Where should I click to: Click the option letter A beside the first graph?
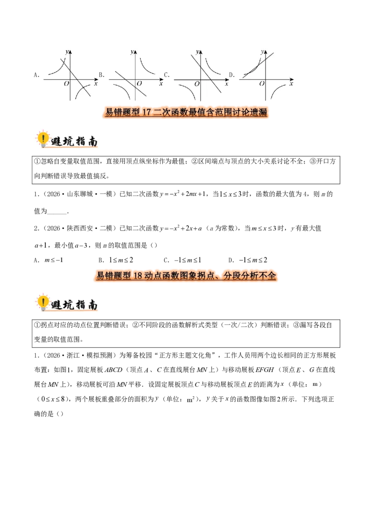coord(37,75)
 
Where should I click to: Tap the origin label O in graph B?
coord(139,83)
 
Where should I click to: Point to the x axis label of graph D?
coord(291,83)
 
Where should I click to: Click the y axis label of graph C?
coord(198,52)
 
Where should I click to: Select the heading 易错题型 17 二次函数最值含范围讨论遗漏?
coord(186,112)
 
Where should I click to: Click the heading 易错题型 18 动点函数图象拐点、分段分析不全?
coord(186,276)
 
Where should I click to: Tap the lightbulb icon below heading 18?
coord(43,303)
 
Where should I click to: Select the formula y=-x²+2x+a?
coord(181,228)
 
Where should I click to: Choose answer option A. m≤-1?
coord(49,260)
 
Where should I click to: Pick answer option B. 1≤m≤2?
coord(116,260)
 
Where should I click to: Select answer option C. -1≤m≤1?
coord(182,260)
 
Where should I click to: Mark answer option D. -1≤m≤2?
coord(248,260)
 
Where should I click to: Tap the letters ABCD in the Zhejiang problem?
coord(113,370)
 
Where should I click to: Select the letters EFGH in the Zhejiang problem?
coord(265,370)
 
